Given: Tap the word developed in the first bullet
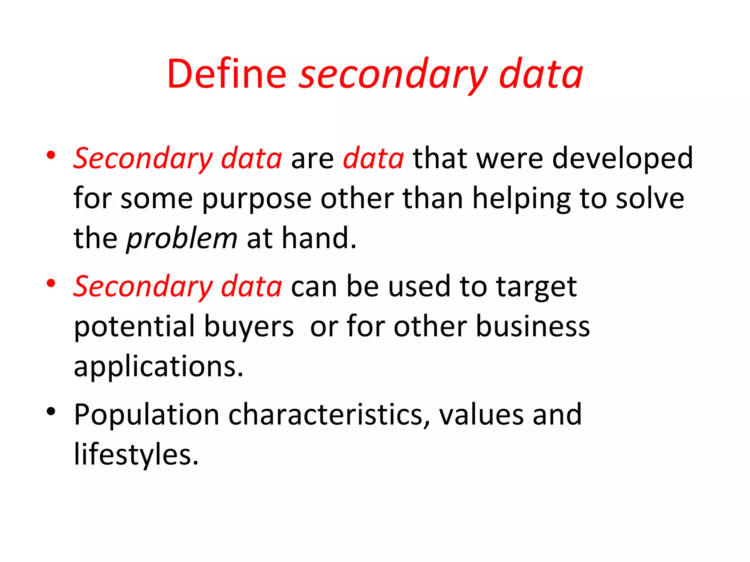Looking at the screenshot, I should [622, 158].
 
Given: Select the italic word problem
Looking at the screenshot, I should [182, 239].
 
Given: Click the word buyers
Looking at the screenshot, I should [249, 327].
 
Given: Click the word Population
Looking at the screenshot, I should [146, 415].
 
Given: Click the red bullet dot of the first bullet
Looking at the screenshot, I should [51, 155].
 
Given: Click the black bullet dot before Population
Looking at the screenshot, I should [51, 412].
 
